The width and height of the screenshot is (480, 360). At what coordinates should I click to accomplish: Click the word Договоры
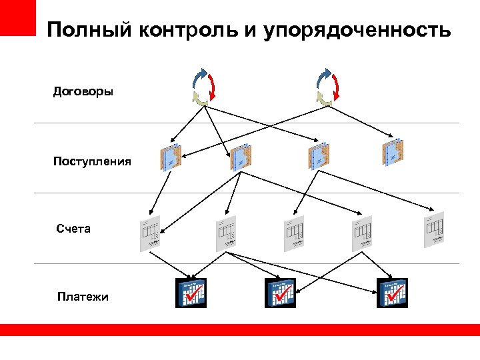(83, 91)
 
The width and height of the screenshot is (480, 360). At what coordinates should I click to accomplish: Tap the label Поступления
(93, 161)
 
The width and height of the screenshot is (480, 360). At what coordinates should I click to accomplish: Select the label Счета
(73, 229)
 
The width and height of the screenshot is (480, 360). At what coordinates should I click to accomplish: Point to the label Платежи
(83, 297)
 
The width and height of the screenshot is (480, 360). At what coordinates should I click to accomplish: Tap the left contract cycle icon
(203, 87)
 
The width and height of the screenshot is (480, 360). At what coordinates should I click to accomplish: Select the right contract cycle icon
(327, 87)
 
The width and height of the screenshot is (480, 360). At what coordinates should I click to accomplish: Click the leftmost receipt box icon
(171, 157)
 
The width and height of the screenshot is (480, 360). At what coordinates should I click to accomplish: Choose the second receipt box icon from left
(241, 157)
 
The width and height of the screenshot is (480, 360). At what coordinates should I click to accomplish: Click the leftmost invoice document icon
(149, 234)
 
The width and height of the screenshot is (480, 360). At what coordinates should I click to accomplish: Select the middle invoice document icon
(293, 233)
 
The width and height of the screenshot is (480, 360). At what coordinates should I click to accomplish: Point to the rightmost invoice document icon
(434, 230)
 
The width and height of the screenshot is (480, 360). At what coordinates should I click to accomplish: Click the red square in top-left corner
(17, 17)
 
